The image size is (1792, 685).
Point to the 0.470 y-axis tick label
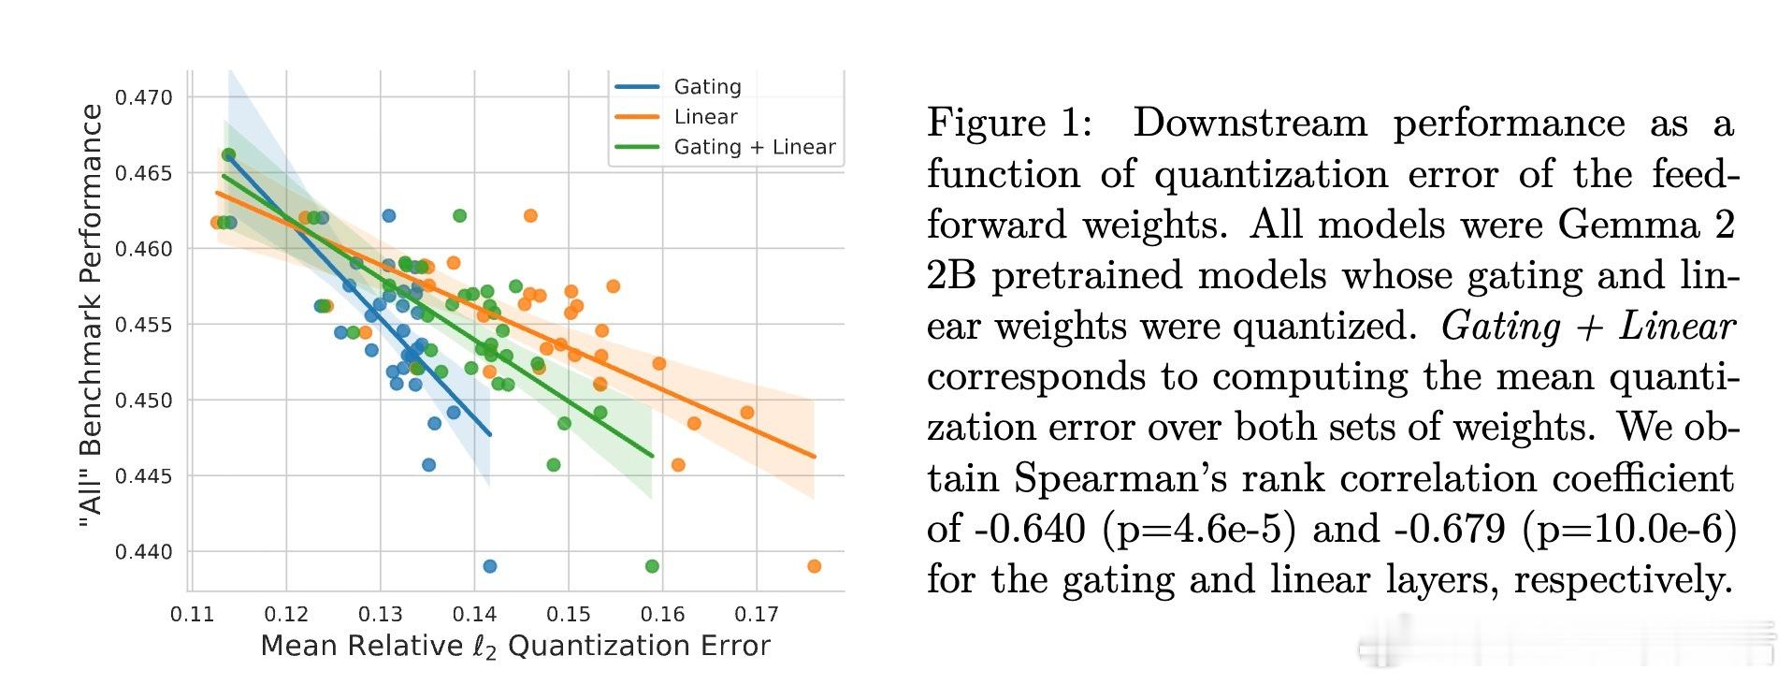(144, 97)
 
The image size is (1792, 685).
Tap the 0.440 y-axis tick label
(144, 552)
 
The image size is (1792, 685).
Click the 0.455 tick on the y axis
(144, 325)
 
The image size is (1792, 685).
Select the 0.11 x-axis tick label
(191, 615)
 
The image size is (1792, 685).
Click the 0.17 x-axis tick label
(757, 615)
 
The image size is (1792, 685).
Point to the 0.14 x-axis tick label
(474, 615)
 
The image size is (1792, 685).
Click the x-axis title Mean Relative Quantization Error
(515, 646)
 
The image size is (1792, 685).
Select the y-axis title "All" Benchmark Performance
(91, 315)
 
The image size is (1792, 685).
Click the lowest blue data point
(489, 566)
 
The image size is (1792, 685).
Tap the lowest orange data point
(814, 566)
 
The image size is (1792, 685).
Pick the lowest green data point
(652, 566)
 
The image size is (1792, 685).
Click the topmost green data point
(228, 154)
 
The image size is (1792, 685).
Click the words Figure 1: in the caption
(1009, 124)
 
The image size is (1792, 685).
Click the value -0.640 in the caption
(1029, 529)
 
